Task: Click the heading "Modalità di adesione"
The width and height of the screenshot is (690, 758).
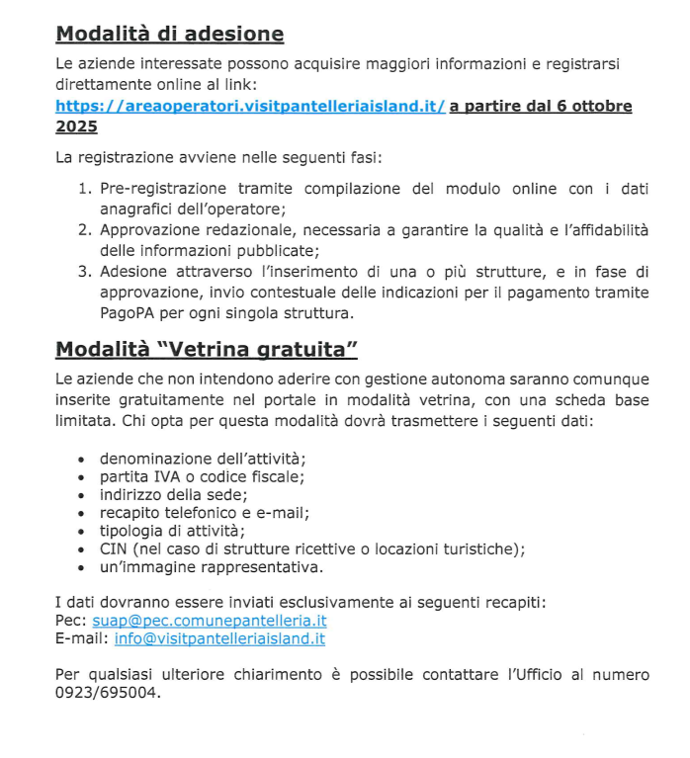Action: point(169,35)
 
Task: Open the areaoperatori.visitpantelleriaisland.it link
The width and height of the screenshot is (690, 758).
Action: point(250,107)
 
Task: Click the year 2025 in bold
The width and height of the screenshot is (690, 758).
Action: point(76,127)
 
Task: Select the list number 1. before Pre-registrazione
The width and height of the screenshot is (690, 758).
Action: point(85,189)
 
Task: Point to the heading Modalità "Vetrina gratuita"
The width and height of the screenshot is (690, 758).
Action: point(206,349)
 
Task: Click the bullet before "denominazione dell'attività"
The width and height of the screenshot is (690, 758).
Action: point(80,460)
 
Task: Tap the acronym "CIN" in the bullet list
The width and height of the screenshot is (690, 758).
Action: point(115,548)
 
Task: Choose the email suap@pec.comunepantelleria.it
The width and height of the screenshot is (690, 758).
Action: point(209,621)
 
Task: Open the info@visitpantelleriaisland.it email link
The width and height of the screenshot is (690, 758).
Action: point(219,638)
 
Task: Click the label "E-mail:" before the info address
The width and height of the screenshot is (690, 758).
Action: point(82,638)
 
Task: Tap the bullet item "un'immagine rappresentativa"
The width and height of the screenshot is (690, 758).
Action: point(211,567)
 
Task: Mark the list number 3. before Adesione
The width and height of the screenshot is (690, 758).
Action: point(85,272)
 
